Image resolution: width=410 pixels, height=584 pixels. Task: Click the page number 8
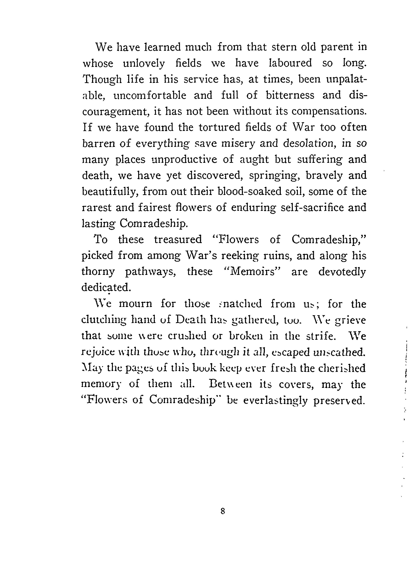pyautogui.click(x=223, y=510)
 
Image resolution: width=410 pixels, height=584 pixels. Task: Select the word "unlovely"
pyautogui.click(x=144, y=63)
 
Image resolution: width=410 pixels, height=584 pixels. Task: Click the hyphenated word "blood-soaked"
pyautogui.click(x=250, y=191)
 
